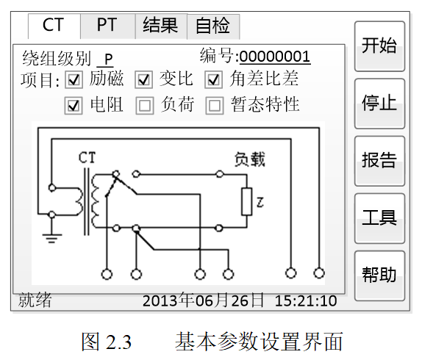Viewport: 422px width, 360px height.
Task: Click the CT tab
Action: point(53,26)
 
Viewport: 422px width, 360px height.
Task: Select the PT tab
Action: point(107,26)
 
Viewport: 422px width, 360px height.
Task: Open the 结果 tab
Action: point(160,26)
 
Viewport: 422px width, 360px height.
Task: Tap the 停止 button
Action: point(379,102)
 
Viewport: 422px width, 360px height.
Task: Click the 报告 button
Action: point(379,159)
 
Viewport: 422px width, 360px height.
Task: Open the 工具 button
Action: point(379,217)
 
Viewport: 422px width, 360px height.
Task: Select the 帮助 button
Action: point(379,275)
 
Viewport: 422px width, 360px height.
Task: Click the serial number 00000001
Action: point(274,57)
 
